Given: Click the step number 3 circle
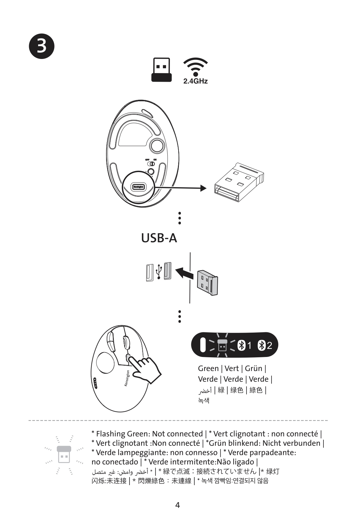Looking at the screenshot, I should pyautogui.click(x=42, y=46).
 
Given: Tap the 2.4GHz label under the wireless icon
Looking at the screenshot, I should pyautogui.click(x=195, y=81).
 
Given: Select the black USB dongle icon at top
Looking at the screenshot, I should pyautogui.click(x=161, y=70).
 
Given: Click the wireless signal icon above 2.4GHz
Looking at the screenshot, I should pyautogui.click(x=195, y=67).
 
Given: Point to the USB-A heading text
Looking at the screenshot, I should pyautogui.click(x=159, y=238).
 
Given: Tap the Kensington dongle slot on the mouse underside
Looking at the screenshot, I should pyautogui.click(x=138, y=187).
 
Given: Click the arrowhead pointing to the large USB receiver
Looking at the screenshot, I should pyautogui.click(x=203, y=188).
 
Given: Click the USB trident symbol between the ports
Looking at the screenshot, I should pyautogui.click(x=158, y=272).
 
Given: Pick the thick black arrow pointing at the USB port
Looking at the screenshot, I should pyautogui.click(x=186, y=273).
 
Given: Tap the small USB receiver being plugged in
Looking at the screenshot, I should pyautogui.click(x=207, y=282).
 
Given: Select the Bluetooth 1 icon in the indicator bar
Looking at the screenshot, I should pyautogui.click(x=245, y=345).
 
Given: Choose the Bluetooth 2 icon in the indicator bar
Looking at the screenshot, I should pyautogui.click(x=265, y=345).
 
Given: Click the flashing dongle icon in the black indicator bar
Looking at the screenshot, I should pyautogui.click(x=222, y=345).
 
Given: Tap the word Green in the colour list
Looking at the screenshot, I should pyautogui.click(x=208, y=369).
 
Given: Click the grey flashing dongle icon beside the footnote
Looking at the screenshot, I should pyautogui.click(x=64, y=455).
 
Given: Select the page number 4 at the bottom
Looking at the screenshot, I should pyautogui.click(x=178, y=505).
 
